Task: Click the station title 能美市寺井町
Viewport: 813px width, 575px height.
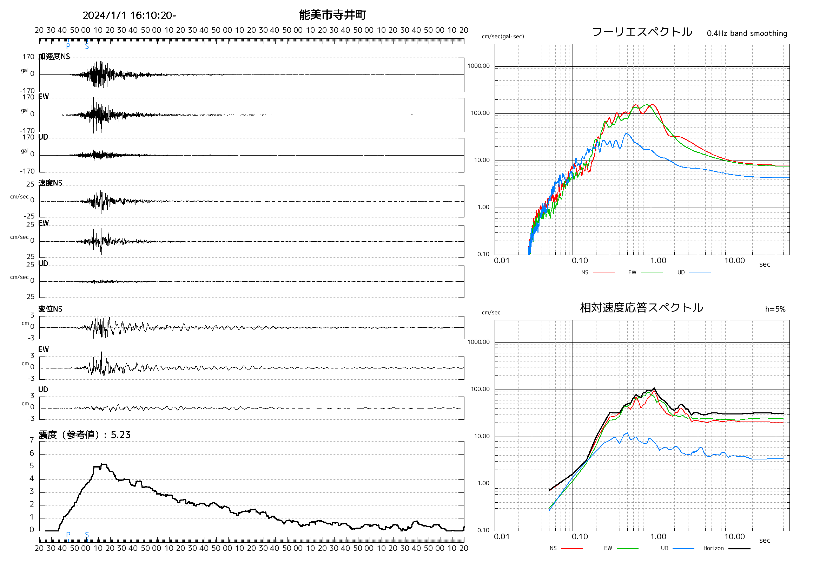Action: [332, 15]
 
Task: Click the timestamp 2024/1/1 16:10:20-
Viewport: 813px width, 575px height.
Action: [129, 15]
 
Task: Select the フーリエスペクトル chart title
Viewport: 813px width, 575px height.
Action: [642, 32]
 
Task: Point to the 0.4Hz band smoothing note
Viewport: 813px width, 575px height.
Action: [747, 33]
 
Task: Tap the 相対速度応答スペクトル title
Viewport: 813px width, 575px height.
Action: [641, 307]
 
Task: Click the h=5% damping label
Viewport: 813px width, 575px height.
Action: [775, 309]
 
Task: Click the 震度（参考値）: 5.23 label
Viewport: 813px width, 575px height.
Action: [85, 435]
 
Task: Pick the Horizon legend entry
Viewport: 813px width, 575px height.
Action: [713, 548]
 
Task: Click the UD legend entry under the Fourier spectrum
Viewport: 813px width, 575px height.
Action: [681, 273]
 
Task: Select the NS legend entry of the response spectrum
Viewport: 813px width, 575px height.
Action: [553, 548]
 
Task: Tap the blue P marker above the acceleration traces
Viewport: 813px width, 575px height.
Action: [68, 46]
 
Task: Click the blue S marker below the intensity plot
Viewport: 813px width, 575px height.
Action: [87, 535]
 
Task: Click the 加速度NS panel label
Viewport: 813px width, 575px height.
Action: [54, 57]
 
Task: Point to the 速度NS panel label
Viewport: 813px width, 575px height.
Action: [50, 183]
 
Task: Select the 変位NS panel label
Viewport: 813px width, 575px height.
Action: [50, 309]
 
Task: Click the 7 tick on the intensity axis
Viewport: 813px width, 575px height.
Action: [32, 440]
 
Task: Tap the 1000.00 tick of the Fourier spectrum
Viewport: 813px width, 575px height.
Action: [478, 66]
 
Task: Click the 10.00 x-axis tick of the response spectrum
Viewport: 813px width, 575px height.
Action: [734, 537]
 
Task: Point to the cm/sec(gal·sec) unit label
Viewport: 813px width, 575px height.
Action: [503, 37]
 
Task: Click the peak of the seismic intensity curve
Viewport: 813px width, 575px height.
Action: [104, 464]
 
